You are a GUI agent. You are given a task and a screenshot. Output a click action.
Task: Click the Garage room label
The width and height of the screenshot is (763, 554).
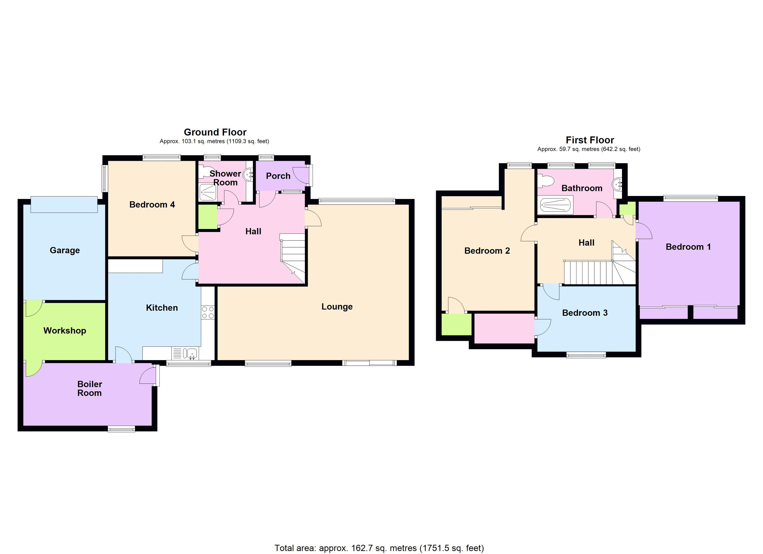[x=65, y=250]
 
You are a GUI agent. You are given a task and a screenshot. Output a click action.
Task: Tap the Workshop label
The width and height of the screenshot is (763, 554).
[x=65, y=331]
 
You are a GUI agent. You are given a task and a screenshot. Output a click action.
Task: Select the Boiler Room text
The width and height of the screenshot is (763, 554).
[x=89, y=388]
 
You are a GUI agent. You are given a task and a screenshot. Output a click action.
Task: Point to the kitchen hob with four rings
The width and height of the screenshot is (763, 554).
[x=208, y=313]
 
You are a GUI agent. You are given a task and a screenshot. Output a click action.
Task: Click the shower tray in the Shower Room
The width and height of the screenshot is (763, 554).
[x=208, y=193]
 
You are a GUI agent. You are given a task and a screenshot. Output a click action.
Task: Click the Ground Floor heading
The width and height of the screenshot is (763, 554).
[x=215, y=132]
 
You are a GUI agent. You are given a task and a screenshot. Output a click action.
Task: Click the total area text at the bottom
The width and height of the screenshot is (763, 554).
[x=379, y=548]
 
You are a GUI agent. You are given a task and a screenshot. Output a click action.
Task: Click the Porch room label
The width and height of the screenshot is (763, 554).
[x=278, y=176]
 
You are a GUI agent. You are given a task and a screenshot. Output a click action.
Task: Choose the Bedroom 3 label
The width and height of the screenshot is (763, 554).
[x=585, y=313]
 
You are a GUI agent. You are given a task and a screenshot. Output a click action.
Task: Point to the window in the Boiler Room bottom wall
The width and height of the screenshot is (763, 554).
[x=121, y=428]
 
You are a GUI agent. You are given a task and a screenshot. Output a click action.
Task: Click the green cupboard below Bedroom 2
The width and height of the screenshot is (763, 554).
[x=456, y=324]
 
